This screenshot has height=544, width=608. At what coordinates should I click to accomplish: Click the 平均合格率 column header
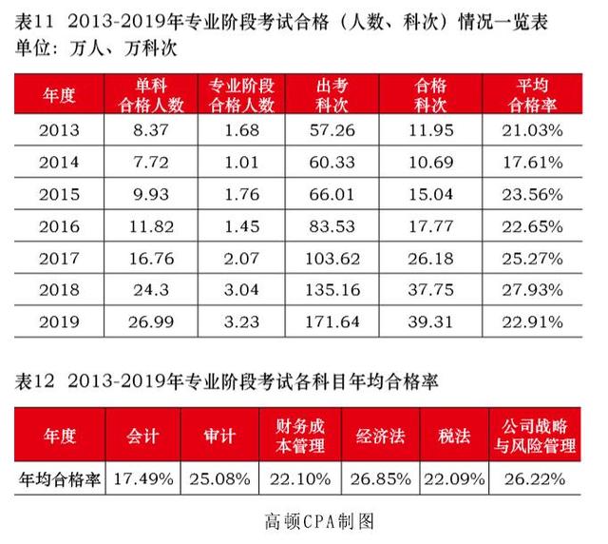pyautogui.click(x=538, y=95)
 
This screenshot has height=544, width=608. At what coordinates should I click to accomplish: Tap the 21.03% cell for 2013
pyautogui.click(x=538, y=129)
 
